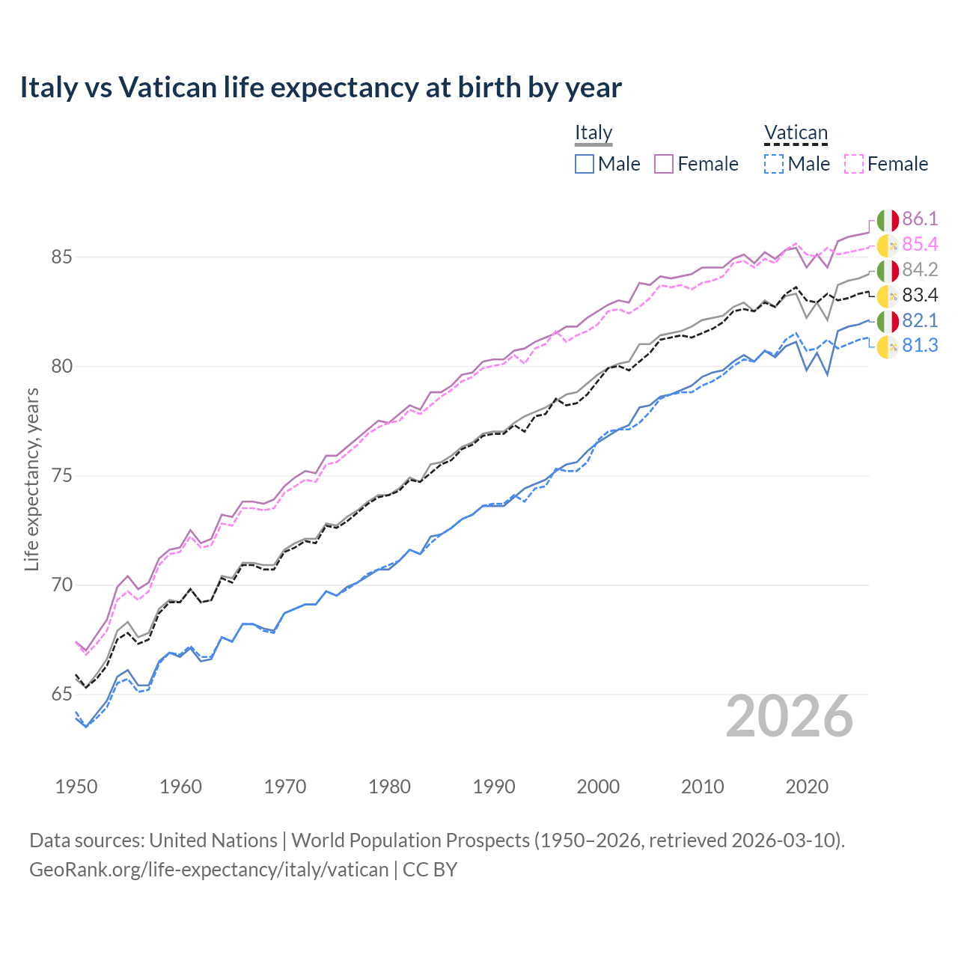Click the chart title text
tap(320, 88)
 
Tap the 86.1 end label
tap(920, 219)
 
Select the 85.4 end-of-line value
tap(920, 244)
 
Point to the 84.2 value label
tap(920, 269)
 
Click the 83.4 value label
tap(920, 295)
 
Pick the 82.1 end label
tap(920, 320)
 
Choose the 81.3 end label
tap(920, 346)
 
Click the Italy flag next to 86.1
tap(888, 220)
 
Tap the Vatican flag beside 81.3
tap(888, 347)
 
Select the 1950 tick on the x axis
tap(76, 787)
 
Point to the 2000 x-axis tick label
tap(598, 787)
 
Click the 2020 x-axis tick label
tap(807, 787)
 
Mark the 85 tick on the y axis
tap(61, 257)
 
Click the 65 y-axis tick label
tap(61, 695)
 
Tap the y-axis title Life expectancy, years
tap(31, 479)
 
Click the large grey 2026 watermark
tap(790, 716)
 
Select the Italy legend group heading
tap(594, 132)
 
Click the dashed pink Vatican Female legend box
tap(854, 164)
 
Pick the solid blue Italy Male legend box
tap(585, 164)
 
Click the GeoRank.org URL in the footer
tap(209, 870)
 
